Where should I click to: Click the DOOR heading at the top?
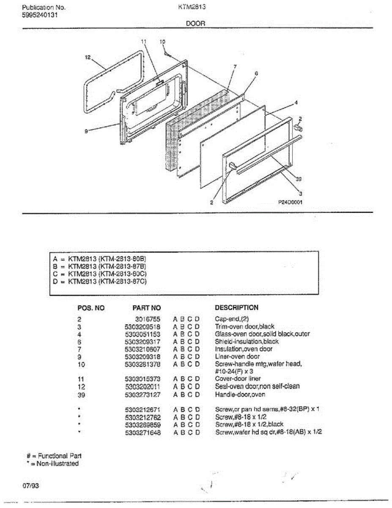[195, 24]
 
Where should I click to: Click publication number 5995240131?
[40, 15]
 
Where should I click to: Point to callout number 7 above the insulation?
[235, 66]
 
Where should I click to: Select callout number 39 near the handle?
[299, 179]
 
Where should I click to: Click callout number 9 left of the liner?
[86, 132]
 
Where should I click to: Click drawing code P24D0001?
[290, 202]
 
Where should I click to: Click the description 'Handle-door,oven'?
[240, 395]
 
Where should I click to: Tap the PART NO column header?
[147, 308]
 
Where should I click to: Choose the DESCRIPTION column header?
[236, 308]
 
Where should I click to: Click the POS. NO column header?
[91, 308]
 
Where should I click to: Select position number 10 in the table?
[82, 364]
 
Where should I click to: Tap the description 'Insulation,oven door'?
[244, 349]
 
